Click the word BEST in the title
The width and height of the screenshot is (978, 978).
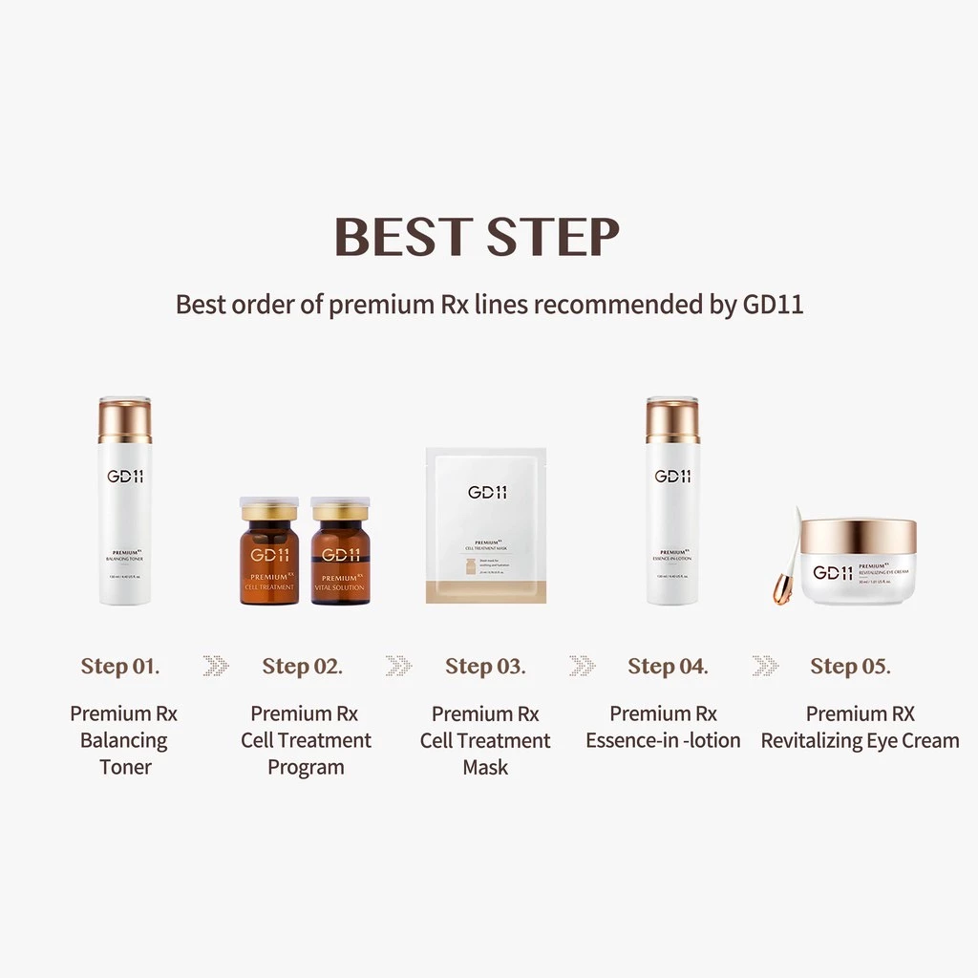click(x=404, y=237)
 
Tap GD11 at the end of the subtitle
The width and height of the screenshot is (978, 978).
click(x=772, y=305)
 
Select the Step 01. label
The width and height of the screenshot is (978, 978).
click(x=120, y=666)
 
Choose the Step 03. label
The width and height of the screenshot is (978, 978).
click(x=485, y=666)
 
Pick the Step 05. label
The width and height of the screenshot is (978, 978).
click(x=850, y=666)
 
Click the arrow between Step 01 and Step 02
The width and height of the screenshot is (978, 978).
click(x=216, y=666)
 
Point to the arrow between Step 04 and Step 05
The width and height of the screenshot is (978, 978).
click(x=764, y=666)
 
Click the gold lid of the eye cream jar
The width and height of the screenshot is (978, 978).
click(x=859, y=536)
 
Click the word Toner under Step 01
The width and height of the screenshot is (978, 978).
click(x=125, y=767)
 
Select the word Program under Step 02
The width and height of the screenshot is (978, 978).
click(x=306, y=767)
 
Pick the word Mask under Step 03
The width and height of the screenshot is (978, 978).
click(x=485, y=767)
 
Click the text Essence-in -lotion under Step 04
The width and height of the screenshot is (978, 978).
click(x=663, y=740)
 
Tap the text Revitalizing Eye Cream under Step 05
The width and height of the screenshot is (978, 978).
click(x=860, y=740)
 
